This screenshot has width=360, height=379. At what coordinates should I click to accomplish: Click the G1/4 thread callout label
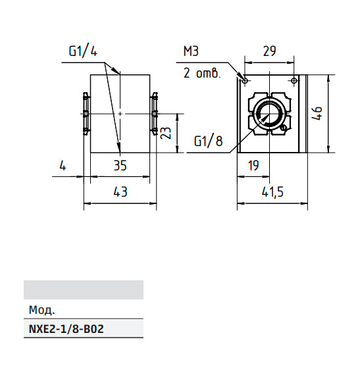pos(83,51)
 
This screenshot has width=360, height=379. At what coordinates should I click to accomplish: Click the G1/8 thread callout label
pos(208,141)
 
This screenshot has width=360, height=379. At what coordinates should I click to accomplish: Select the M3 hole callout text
pos(191,51)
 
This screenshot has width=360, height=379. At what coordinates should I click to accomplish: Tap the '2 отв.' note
pos(202,73)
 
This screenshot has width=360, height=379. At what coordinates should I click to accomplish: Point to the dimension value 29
pos(269,51)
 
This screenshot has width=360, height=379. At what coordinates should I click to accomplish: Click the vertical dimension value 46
pos(317,113)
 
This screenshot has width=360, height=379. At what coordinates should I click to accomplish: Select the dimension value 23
pos(166,133)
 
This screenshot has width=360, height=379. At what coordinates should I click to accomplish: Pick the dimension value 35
pos(120,166)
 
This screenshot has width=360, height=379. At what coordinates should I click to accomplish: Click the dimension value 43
pos(120,191)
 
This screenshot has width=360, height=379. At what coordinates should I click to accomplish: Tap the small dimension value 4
pos(63,166)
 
